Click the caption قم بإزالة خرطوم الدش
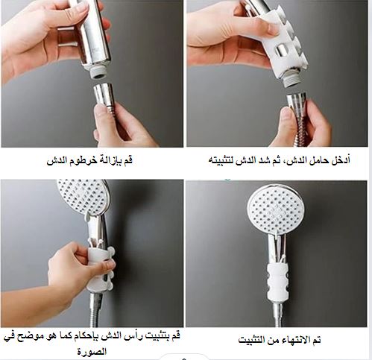pyautogui.click(x=89, y=160)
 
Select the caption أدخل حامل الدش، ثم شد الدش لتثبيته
pyautogui.click(x=280, y=160)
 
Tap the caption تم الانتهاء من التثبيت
pyautogui.click(x=280, y=340)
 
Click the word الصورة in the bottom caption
pyautogui.click(x=92, y=352)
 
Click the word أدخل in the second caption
pyautogui.click(x=341, y=160)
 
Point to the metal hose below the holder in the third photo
pyautogui.click(x=95, y=310)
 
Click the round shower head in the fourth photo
pyautogui.click(x=275, y=209)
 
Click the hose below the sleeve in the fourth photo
pyautogui.click(x=277, y=314)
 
